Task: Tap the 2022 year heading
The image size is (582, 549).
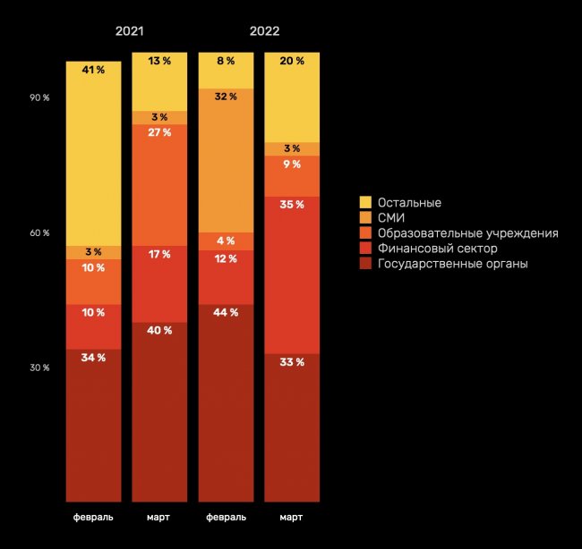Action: click(x=264, y=30)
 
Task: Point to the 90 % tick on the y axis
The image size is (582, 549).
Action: click(x=39, y=97)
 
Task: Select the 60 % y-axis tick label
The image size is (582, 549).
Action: click(x=39, y=233)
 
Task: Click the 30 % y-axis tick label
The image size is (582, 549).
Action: click(x=39, y=367)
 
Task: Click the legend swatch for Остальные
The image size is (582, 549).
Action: click(x=365, y=203)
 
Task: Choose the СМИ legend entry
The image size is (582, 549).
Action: click(x=391, y=218)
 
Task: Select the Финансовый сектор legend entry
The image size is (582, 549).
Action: click(x=437, y=249)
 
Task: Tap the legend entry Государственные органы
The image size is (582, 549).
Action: click(x=452, y=264)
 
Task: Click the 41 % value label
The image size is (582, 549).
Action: click(x=93, y=69)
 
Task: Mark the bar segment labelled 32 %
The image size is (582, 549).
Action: click(x=226, y=161)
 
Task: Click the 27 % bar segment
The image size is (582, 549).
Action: click(x=159, y=184)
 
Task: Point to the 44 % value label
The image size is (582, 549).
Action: click(x=226, y=313)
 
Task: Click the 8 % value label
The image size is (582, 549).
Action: click(x=226, y=62)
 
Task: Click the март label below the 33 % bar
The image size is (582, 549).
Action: click(x=292, y=518)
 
